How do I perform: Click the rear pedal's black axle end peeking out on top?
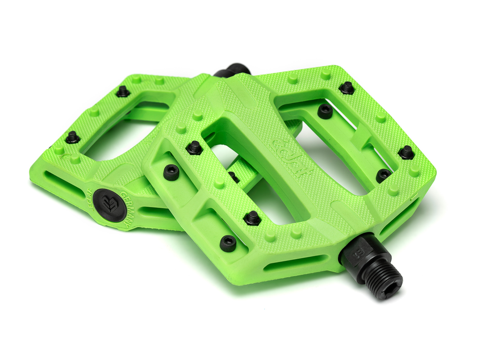coord(232,70)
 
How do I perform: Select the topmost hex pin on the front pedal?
coord(347,88)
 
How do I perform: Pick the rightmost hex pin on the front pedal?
coord(406,152)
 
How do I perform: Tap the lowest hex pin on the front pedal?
coord(252,218)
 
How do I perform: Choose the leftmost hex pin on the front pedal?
coord(194,148)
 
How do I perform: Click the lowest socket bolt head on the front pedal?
coord(228,243)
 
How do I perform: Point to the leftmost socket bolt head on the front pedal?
coord(171,173)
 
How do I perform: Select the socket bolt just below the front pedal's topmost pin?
coord(325,111)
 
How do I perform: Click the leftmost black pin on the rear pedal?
coord(72,137)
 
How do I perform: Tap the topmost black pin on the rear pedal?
coord(123,91)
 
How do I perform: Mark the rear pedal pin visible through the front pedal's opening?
coord(233,177)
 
